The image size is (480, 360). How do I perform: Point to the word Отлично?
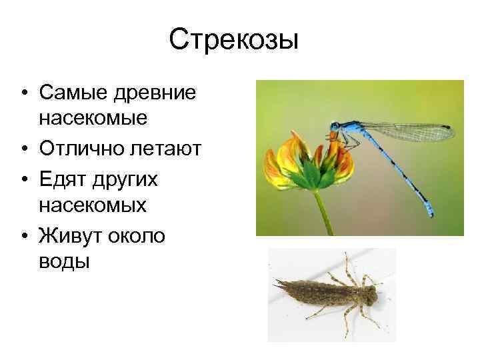coord(83,148)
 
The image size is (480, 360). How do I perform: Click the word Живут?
coord(73,235)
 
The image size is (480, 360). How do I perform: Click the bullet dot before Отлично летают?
coord(23,149)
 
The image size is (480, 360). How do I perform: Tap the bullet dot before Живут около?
coord(23,235)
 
